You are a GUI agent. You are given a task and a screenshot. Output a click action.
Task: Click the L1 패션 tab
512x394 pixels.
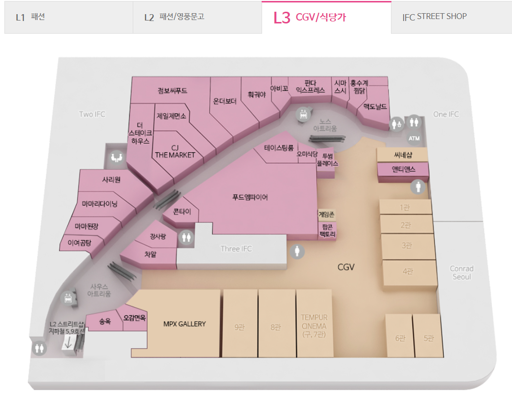click(68, 18)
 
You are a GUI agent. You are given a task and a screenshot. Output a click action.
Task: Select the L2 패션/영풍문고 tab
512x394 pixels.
click(197, 18)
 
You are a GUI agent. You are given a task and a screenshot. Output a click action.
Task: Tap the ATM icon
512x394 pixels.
click(414, 138)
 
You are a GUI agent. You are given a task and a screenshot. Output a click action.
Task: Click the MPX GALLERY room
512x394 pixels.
click(184, 324)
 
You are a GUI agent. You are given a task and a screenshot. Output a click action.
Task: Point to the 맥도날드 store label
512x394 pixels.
click(375, 106)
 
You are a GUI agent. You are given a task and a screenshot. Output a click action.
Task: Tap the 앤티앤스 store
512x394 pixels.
click(403, 169)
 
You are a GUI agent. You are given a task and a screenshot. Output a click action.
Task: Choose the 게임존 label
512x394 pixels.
click(327, 214)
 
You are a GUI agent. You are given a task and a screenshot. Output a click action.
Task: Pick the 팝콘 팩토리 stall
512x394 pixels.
click(327, 231)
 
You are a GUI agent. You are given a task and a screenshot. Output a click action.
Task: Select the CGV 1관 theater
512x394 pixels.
click(405, 207)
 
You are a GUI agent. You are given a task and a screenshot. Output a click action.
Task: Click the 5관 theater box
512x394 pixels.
click(429, 338)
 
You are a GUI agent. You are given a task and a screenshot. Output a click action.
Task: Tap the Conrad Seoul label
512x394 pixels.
click(461, 272)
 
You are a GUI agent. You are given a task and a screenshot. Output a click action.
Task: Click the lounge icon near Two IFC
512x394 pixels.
click(116, 157)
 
